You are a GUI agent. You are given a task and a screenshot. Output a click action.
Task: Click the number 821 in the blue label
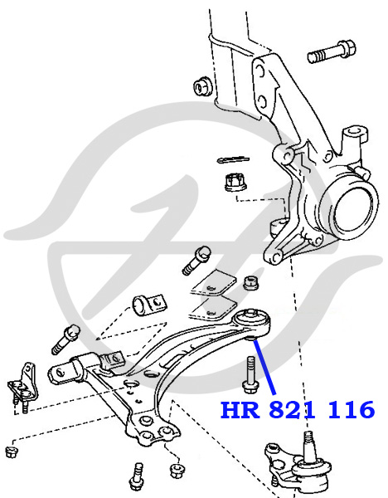[293, 410]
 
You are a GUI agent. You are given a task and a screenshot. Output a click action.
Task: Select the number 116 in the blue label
[352, 410]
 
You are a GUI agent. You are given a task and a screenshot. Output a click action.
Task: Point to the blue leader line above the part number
[264, 367]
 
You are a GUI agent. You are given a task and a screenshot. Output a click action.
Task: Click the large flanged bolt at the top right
[332, 51]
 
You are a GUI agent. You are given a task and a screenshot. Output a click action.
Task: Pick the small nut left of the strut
[203, 85]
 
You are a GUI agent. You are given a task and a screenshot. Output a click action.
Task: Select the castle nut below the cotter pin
[235, 183]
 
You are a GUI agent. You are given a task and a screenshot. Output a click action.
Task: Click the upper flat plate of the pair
[214, 283]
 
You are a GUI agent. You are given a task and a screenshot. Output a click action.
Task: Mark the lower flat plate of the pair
[213, 308]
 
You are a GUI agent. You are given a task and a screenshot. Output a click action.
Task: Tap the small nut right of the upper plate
[250, 283]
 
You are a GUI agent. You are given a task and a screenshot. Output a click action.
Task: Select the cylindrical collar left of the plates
[149, 305]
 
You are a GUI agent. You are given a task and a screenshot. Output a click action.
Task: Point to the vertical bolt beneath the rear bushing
[250, 375]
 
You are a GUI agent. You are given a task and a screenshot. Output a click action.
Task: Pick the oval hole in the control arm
[152, 373]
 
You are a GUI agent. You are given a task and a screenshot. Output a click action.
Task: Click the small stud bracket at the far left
[22, 388]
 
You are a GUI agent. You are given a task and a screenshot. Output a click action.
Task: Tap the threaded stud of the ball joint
[310, 447]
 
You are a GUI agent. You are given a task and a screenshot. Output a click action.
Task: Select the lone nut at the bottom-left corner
[12, 452]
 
